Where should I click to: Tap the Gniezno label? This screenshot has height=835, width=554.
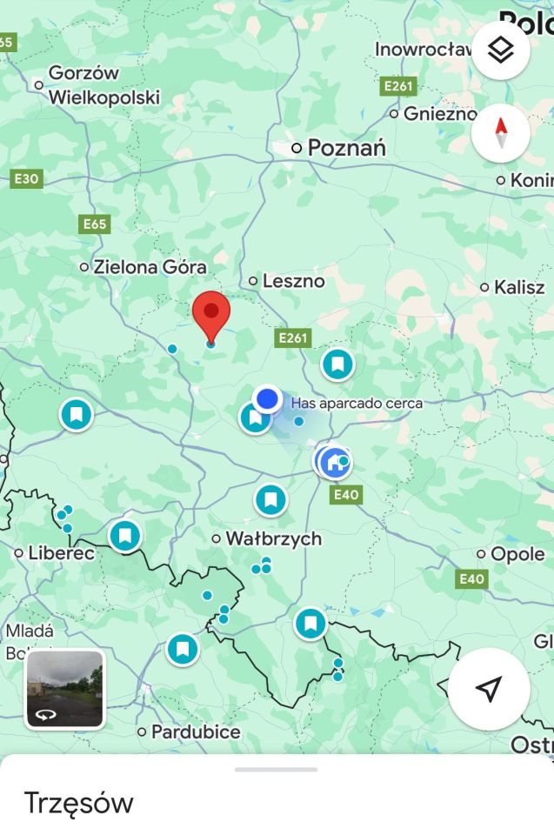(439, 114)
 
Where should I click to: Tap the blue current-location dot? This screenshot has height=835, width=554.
(267, 399)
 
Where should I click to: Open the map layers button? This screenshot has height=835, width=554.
(501, 50)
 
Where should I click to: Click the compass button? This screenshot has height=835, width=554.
(501, 133)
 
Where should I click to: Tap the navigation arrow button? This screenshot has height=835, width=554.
(489, 689)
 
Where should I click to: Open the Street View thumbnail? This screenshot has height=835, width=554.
(65, 689)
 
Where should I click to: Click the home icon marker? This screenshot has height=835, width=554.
(334, 462)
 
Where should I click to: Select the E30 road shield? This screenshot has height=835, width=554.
(26, 179)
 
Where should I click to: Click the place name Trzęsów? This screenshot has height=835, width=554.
(78, 803)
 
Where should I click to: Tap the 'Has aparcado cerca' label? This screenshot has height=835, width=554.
(357, 404)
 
